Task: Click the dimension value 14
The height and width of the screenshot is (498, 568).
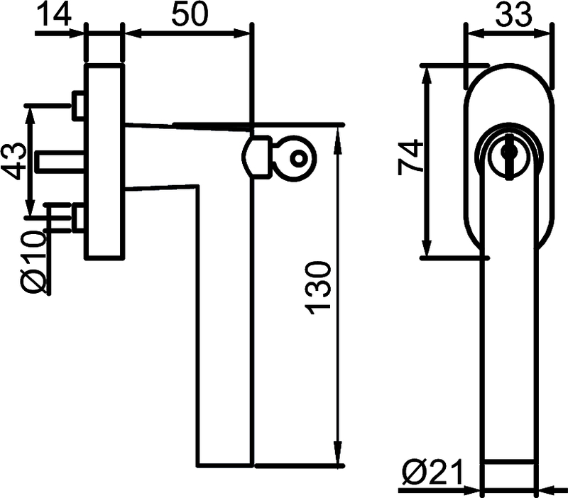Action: point(55,13)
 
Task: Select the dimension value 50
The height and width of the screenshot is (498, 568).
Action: point(190,13)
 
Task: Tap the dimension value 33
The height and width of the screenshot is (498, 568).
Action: point(513,13)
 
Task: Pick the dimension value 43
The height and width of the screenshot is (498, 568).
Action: point(13,161)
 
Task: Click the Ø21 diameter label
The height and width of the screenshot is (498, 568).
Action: point(433,472)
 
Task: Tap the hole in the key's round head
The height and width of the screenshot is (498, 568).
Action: point(298,158)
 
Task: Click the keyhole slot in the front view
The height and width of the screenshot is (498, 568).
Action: point(509,157)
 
